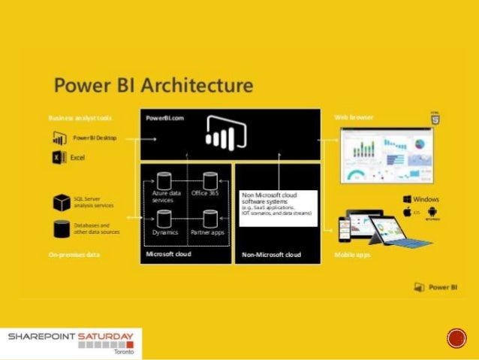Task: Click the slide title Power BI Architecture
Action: tap(152, 85)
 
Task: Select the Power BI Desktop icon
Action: tap(60, 138)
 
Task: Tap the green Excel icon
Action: tap(60, 158)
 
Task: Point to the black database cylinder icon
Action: tap(61, 228)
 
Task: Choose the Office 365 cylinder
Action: tap(210, 180)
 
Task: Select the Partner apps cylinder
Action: tap(210, 219)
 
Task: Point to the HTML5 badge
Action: tap(435, 118)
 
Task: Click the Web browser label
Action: tap(354, 118)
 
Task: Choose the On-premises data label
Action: tap(74, 256)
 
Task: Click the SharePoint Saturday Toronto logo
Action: tap(71, 343)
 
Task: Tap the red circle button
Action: tap(456, 339)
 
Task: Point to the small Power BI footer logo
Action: tap(432, 287)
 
